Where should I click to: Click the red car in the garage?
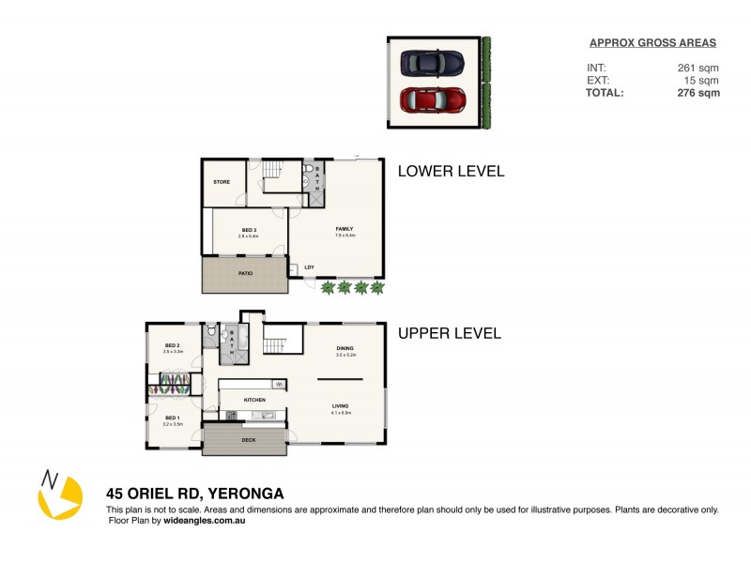coord(433,99)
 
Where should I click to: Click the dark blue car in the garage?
coord(432,63)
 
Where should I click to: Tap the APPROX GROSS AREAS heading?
coord(652,42)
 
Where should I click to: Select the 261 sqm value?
coord(698,68)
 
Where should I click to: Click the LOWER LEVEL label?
coord(451,171)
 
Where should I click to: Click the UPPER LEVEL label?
coord(450,333)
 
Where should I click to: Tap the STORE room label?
coord(222,182)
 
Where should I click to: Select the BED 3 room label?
coord(249,230)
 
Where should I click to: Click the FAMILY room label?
coord(345,228)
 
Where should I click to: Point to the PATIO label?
coord(244,273)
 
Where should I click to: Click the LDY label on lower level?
coord(309,267)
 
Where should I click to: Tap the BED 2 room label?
coord(172,345)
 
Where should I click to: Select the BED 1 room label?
coord(172,417)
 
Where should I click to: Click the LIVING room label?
coord(340,406)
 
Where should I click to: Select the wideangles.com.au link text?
coord(204,520)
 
